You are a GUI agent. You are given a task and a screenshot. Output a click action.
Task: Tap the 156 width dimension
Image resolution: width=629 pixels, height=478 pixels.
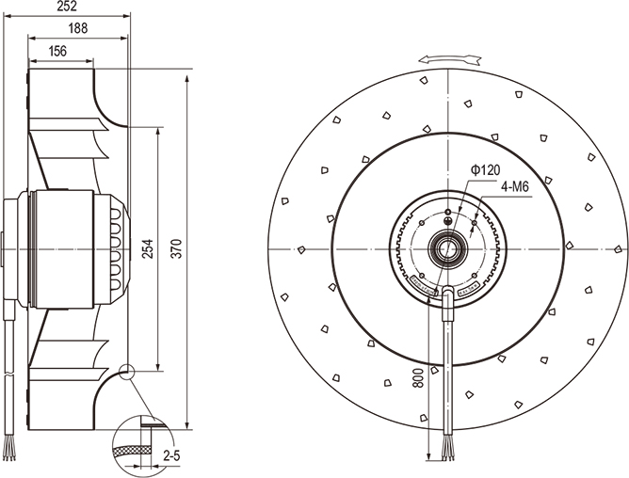pyautogui.click(x=58, y=52)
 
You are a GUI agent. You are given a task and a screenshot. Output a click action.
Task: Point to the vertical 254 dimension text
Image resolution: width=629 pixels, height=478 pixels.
pyautogui.click(x=148, y=249)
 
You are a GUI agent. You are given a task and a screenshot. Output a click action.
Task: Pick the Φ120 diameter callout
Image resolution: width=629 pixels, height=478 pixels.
pyautogui.click(x=485, y=169)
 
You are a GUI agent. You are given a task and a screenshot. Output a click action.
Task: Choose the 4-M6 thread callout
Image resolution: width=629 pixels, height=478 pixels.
pyautogui.click(x=514, y=187)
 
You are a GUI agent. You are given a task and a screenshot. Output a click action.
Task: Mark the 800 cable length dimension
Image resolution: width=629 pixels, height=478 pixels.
pyautogui.click(x=418, y=380)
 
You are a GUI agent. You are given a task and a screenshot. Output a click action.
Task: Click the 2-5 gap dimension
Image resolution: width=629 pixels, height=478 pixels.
pyautogui.click(x=172, y=456)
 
